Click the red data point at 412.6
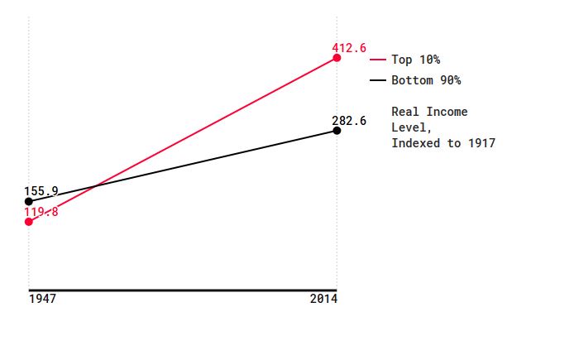point(337,58)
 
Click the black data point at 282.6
point(337,131)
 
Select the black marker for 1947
point(29,201)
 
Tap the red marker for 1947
point(29,222)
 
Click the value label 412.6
point(349,48)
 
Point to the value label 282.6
point(349,121)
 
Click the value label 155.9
point(41,191)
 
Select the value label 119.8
point(41,212)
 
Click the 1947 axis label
point(42,299)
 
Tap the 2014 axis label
point(323,299)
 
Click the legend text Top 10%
point(416,60)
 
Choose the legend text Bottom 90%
point(426,80)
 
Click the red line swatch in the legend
point(378,60)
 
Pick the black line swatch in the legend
point(378,80)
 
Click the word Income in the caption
point(447,112)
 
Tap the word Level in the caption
point(409,127)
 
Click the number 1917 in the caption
point(481,143)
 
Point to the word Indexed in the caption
point(416,143)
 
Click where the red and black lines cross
point(95,186)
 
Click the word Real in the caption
point(405,112)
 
